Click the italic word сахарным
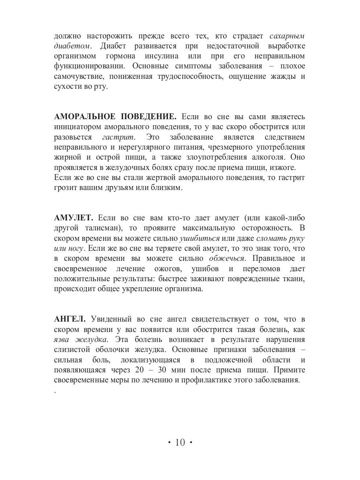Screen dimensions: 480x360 [287, 36]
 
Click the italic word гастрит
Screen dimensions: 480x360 [117, 137]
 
